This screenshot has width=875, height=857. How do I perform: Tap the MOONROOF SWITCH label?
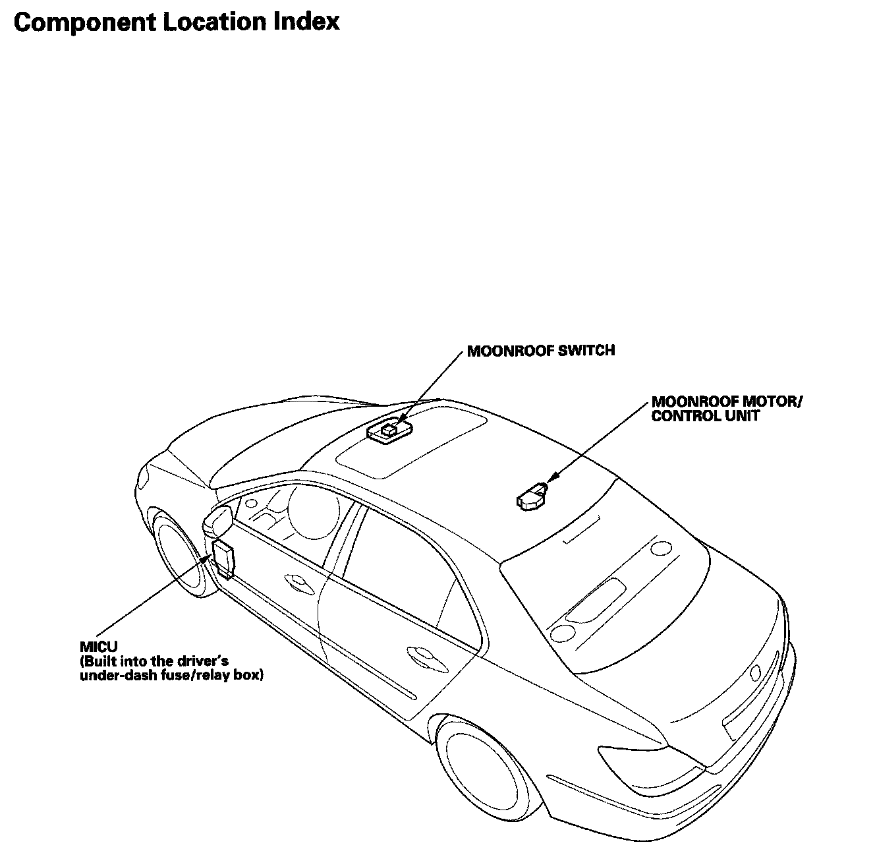[540, 351]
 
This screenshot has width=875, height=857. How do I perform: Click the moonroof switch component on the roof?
[389, 431]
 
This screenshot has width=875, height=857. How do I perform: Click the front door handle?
[299, 581]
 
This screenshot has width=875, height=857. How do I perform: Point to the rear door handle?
[419, 654]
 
